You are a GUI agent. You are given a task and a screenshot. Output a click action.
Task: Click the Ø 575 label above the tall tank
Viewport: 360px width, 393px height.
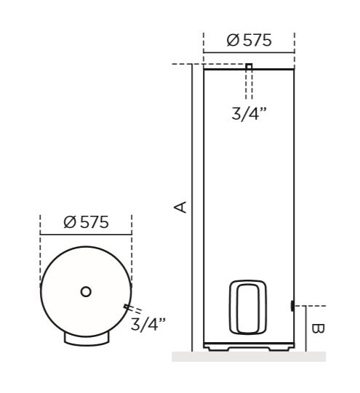tap(249, 41)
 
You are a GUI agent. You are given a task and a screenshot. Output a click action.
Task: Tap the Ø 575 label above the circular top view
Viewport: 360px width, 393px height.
tap(86, 222)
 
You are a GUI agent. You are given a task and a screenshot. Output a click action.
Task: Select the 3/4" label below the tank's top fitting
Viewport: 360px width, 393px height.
tap(249, 115)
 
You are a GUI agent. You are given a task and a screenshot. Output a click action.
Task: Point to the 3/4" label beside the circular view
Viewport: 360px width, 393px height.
tap(148, 323)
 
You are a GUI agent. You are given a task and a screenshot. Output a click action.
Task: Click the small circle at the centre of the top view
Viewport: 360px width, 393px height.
tap(86, 291)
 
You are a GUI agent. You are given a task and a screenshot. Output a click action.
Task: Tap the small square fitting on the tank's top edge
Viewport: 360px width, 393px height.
tap(249, 67)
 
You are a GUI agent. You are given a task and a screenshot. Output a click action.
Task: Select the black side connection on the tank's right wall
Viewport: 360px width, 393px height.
tap(292, 306)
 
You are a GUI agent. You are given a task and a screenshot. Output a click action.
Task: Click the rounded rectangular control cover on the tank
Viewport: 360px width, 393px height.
tap(249, 307)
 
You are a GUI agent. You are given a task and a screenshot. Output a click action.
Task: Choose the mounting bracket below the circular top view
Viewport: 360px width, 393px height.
tap(86, 338)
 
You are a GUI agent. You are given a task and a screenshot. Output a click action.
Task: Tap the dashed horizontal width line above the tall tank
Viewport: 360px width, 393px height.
tap(249, 53)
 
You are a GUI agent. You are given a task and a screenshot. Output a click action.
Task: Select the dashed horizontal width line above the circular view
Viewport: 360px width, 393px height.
tap(86, 235)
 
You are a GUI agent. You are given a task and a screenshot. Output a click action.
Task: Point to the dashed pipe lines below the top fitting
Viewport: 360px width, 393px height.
tap(249, 86)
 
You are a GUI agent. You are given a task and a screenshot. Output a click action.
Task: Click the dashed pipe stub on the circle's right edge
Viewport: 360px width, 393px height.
tap(131, 309)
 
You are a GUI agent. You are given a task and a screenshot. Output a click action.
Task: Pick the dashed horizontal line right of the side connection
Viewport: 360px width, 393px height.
tap(311, 306)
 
